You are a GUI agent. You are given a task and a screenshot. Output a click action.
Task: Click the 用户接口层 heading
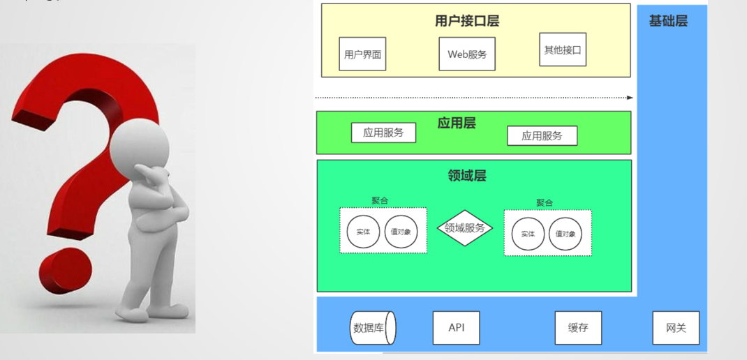click(467, 21)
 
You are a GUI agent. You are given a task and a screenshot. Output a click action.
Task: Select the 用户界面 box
click(362, 54)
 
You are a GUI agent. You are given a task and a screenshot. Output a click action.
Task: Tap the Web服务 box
click(467, 54)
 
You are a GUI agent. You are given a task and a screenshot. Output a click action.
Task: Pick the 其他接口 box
click(563, 50)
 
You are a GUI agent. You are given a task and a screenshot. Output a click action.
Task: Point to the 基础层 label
click(668, 21)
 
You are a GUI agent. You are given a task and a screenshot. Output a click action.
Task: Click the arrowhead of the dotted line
click(630, 98)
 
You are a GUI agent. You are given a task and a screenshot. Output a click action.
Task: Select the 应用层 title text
click(457, 123)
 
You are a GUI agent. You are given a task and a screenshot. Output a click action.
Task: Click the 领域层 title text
click(466, 175)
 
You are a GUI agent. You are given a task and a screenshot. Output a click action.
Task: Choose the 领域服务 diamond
click(465, 228)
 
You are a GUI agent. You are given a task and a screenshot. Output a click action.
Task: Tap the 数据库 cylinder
click(372, 328)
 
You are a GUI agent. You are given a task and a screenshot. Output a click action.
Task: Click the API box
click(457, 328)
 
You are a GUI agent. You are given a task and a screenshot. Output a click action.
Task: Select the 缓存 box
click(578, 328)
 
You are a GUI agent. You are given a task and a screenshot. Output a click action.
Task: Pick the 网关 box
click(676, 328)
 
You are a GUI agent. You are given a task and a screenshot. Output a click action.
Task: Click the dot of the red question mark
click(65, 272)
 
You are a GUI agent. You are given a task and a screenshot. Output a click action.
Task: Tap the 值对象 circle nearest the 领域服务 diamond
click(401, 232)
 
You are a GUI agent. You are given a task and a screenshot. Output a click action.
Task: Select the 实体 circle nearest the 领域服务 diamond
click(528, 234)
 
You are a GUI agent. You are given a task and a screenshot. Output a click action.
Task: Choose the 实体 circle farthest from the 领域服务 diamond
click(363, 232)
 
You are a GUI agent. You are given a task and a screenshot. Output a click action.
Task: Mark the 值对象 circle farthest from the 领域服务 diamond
click(565, 234)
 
